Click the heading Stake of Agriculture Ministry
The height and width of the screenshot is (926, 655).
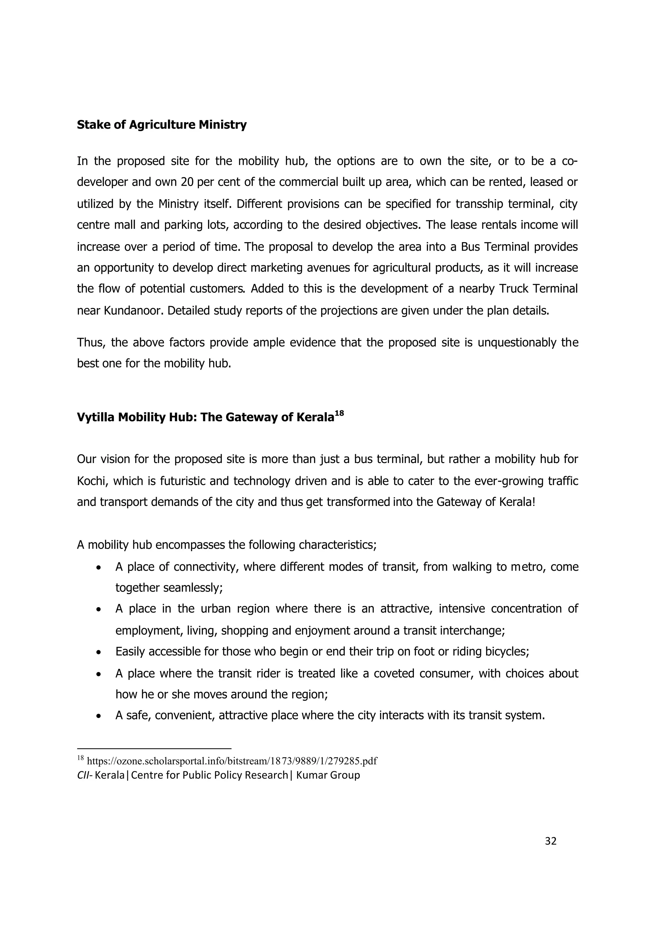[x=162, y=125]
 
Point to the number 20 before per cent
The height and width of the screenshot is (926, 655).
[x=187, y=182]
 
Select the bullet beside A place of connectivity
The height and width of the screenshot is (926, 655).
[x=99, y=568]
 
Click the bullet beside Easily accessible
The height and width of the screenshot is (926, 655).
[x=99, y=652]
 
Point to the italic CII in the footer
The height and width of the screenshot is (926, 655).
[x=83, y=775]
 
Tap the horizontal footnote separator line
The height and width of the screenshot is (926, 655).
[x=154, y=749]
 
